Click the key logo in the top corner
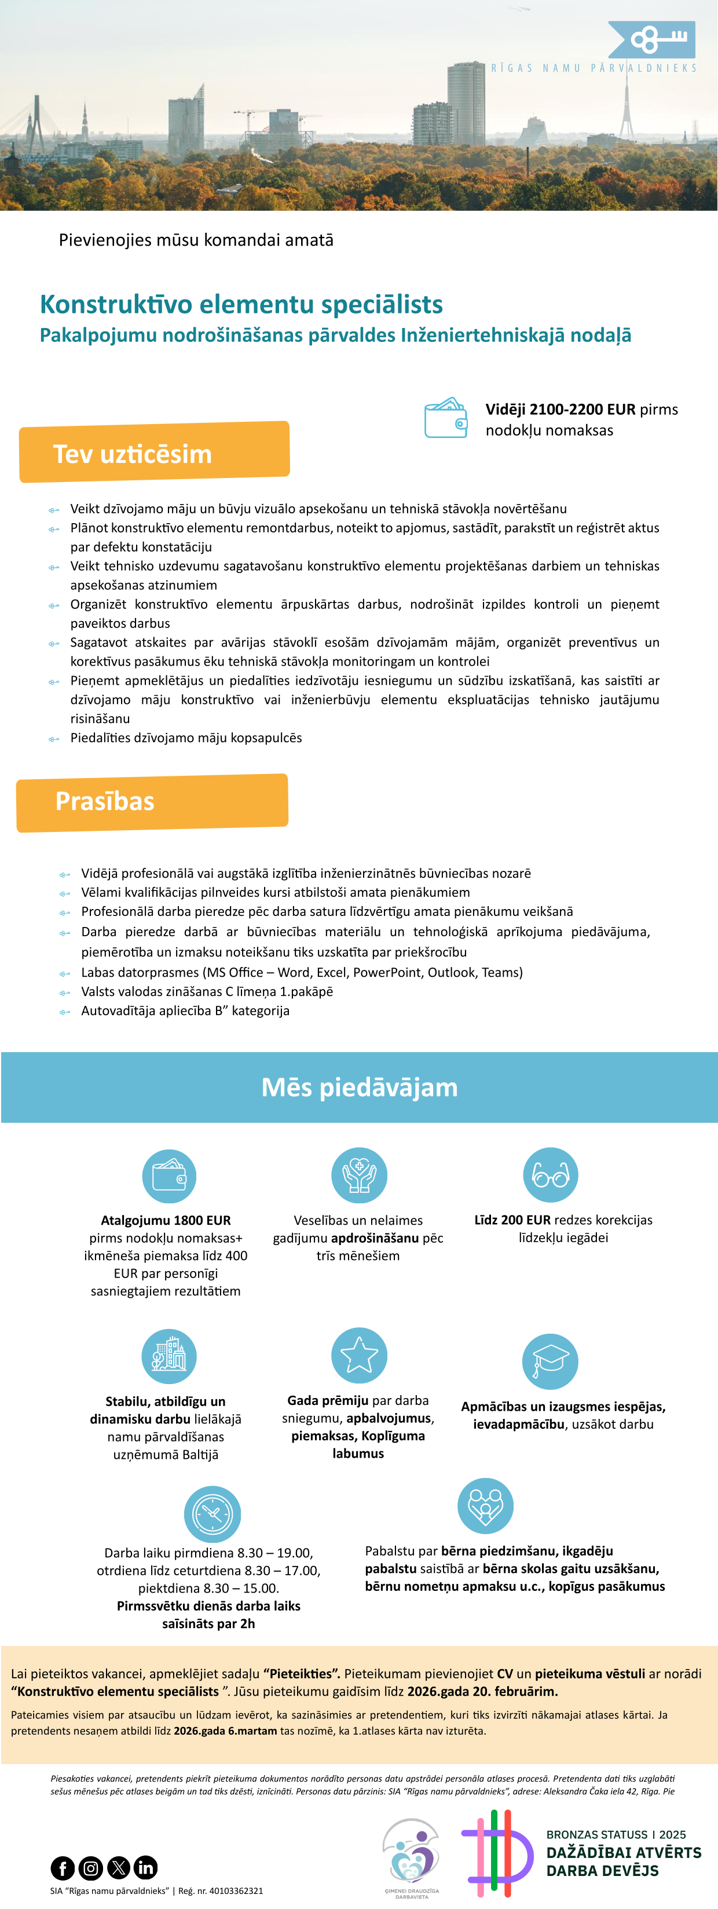(652, 39)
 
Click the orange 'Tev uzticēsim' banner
(154, 452)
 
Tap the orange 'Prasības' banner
(152, 802)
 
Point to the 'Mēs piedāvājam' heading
(360, 1087)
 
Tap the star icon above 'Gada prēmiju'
(358, 1355)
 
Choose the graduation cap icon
(551, 1362)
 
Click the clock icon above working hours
(212, 1514)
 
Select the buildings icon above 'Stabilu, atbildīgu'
(169, 1356)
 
